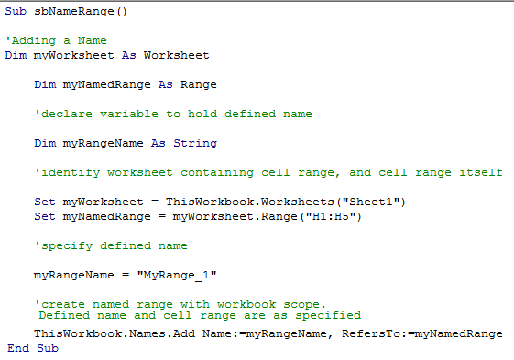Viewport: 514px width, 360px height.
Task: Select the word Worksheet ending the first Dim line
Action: pos(177,54)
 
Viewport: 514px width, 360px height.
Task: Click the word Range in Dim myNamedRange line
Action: pos(199,84)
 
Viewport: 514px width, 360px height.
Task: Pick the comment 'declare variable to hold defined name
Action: pos(173,114)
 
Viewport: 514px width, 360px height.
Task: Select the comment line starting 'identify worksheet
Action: pos(268,172)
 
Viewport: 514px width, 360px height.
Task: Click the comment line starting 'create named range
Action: pos(180,304)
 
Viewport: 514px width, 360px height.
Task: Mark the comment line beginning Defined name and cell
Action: pos(199,315)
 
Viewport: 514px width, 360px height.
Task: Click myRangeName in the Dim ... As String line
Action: pos(104,143)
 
